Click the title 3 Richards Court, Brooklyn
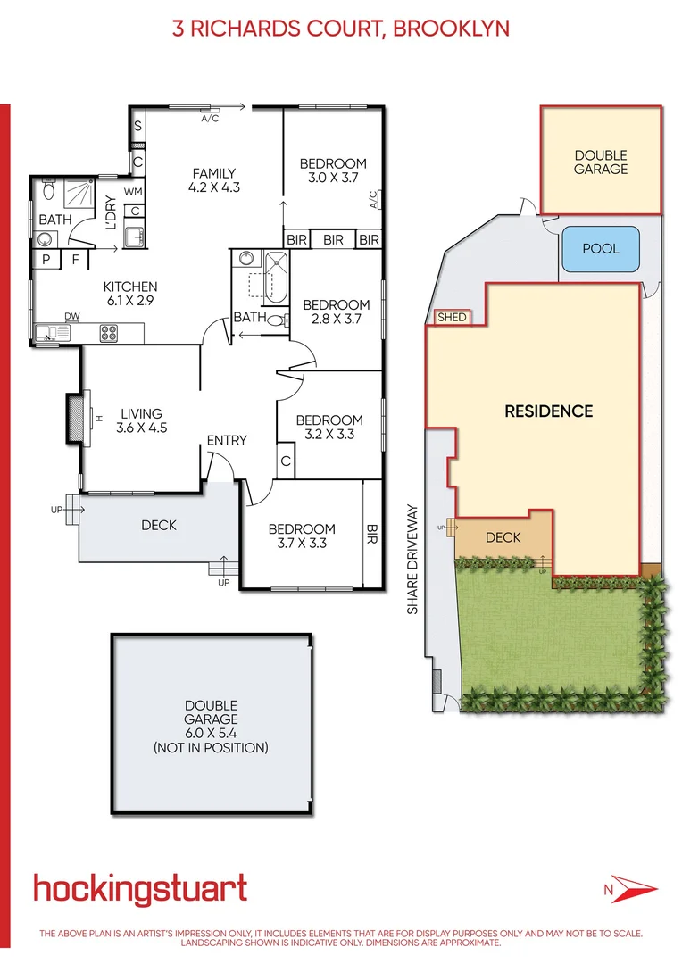[341, 28]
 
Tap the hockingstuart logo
[140, 889]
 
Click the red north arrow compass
[631, 889]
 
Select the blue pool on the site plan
[600, 249]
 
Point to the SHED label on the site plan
[451, 318]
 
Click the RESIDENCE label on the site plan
[548, 411]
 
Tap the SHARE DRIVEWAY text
[412, 560]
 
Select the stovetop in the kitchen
[110, 334]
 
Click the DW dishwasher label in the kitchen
[71, 317]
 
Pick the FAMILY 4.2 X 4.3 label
[214, 180]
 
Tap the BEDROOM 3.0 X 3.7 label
[333, 170]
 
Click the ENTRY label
[227, 441]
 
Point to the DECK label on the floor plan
[159, 526]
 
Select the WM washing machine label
[133, 191]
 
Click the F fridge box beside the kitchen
[75, 261]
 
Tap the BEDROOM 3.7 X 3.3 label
[302, 536]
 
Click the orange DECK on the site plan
[502, 538]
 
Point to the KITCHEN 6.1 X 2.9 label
[130, 294]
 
